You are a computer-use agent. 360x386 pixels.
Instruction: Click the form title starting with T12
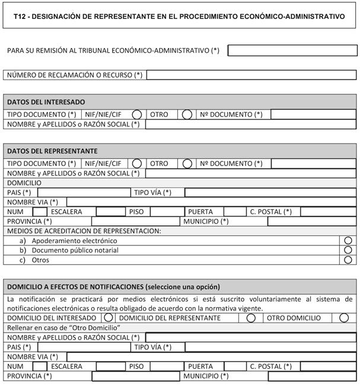(x=179, y=17)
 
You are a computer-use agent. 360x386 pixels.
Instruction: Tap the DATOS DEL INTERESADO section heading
(x=46, y=102)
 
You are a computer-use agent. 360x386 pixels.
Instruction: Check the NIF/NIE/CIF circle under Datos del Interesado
(x=137, y=114)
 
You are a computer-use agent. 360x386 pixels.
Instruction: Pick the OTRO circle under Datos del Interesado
(x=187, y=114)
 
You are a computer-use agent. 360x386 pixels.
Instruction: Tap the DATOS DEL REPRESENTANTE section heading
(x=52, y=151)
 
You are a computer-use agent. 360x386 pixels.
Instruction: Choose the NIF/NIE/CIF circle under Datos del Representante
(x=137, y=164)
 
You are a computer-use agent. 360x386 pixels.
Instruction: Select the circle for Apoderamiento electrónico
(x=348, y=241)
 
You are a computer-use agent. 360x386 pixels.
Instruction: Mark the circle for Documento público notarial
(x=348, y=250)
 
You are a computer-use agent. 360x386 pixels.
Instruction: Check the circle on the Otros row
(x=348, y=260)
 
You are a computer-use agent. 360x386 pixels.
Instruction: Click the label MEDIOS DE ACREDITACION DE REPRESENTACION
(x=84, y=231)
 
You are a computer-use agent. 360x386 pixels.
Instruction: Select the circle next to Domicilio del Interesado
(x=109, y=318)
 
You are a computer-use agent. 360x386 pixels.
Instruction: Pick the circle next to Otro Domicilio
(x=344, y=318)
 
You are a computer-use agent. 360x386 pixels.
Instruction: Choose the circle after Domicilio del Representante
(x=251, y=318)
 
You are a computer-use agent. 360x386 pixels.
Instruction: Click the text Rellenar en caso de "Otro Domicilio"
(x=64, y=328)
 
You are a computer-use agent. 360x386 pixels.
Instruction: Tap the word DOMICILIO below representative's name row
(x=24, y=183)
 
